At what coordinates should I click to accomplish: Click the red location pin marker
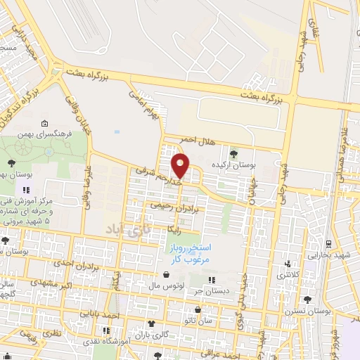[x=181, y=166]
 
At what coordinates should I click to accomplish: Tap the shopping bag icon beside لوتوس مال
[x=165, y=275]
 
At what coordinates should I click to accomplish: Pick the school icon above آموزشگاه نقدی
[x=106, y=330]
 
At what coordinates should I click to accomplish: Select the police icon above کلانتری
[x=286, y=264]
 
